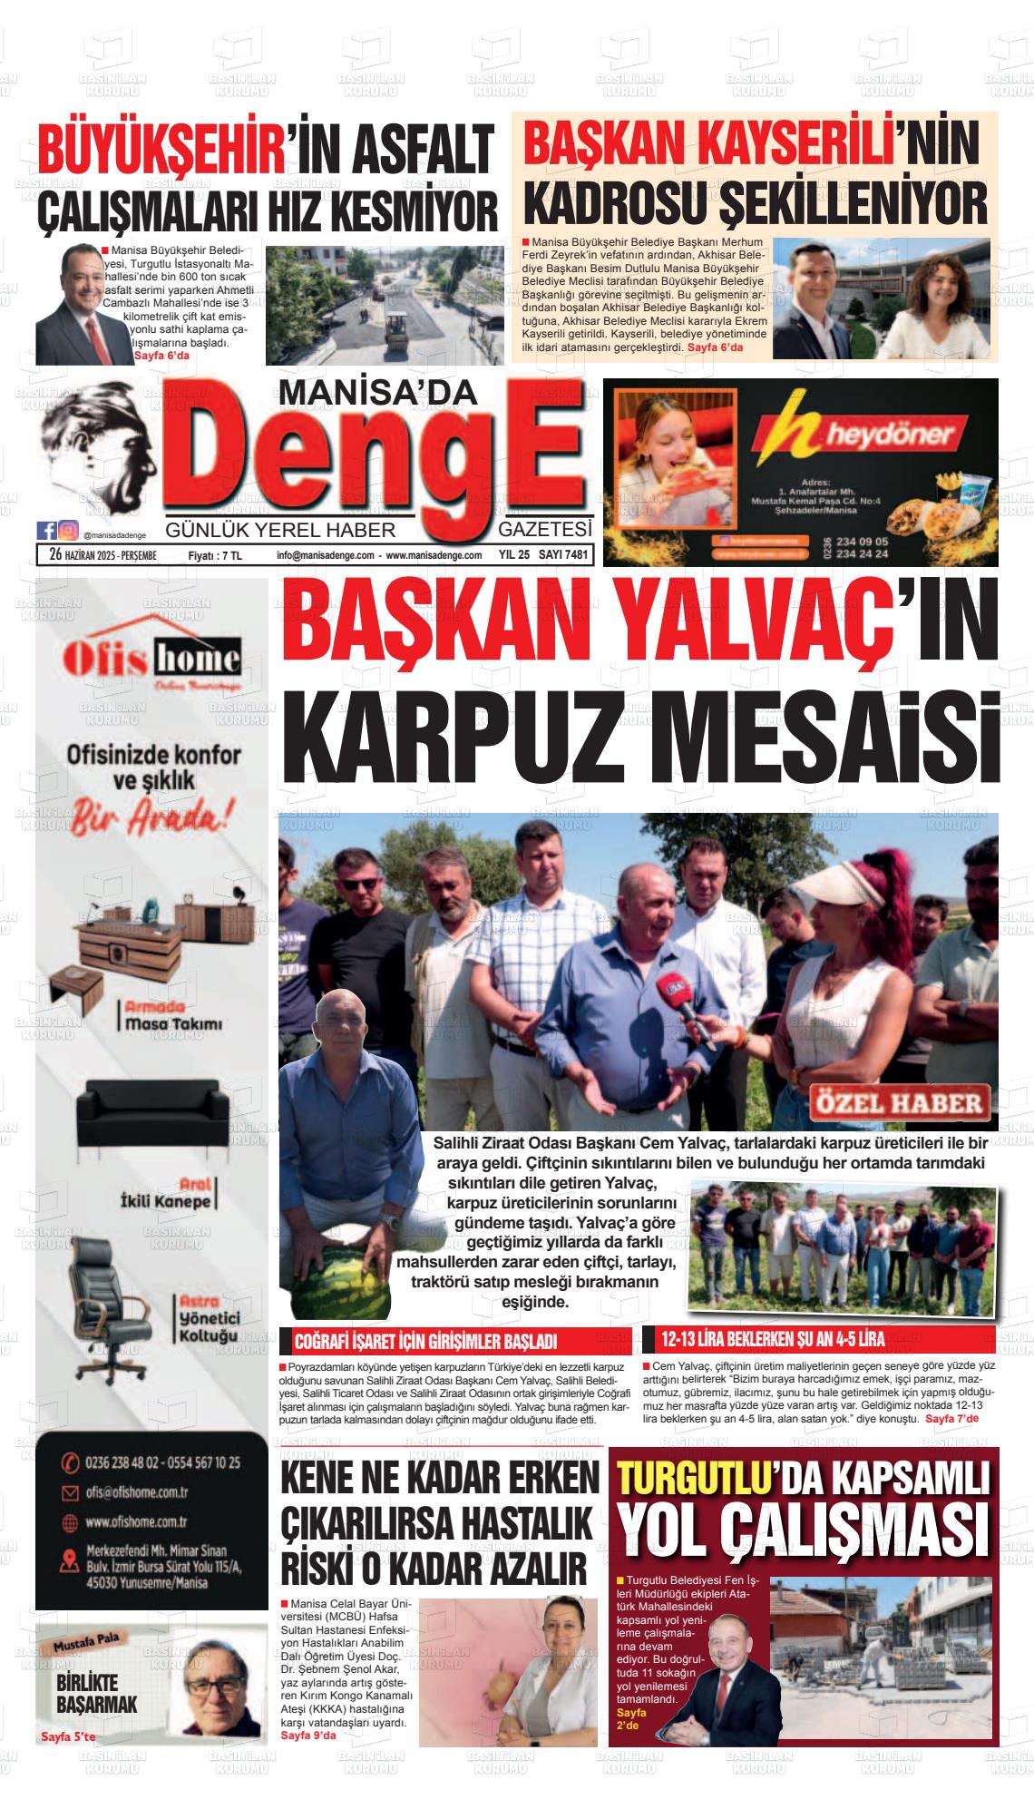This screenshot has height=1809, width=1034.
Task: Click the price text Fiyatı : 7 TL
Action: [x=216, y=556]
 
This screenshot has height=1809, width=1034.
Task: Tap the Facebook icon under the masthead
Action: [x=46, y=531]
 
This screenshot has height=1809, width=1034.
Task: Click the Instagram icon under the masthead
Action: [x=67, y=531]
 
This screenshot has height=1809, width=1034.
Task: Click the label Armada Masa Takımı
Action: [x=172, y=1016]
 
